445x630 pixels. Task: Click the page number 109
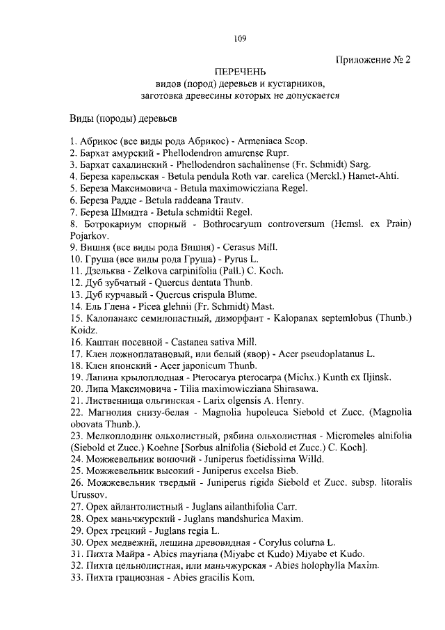tap(239, 39)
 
